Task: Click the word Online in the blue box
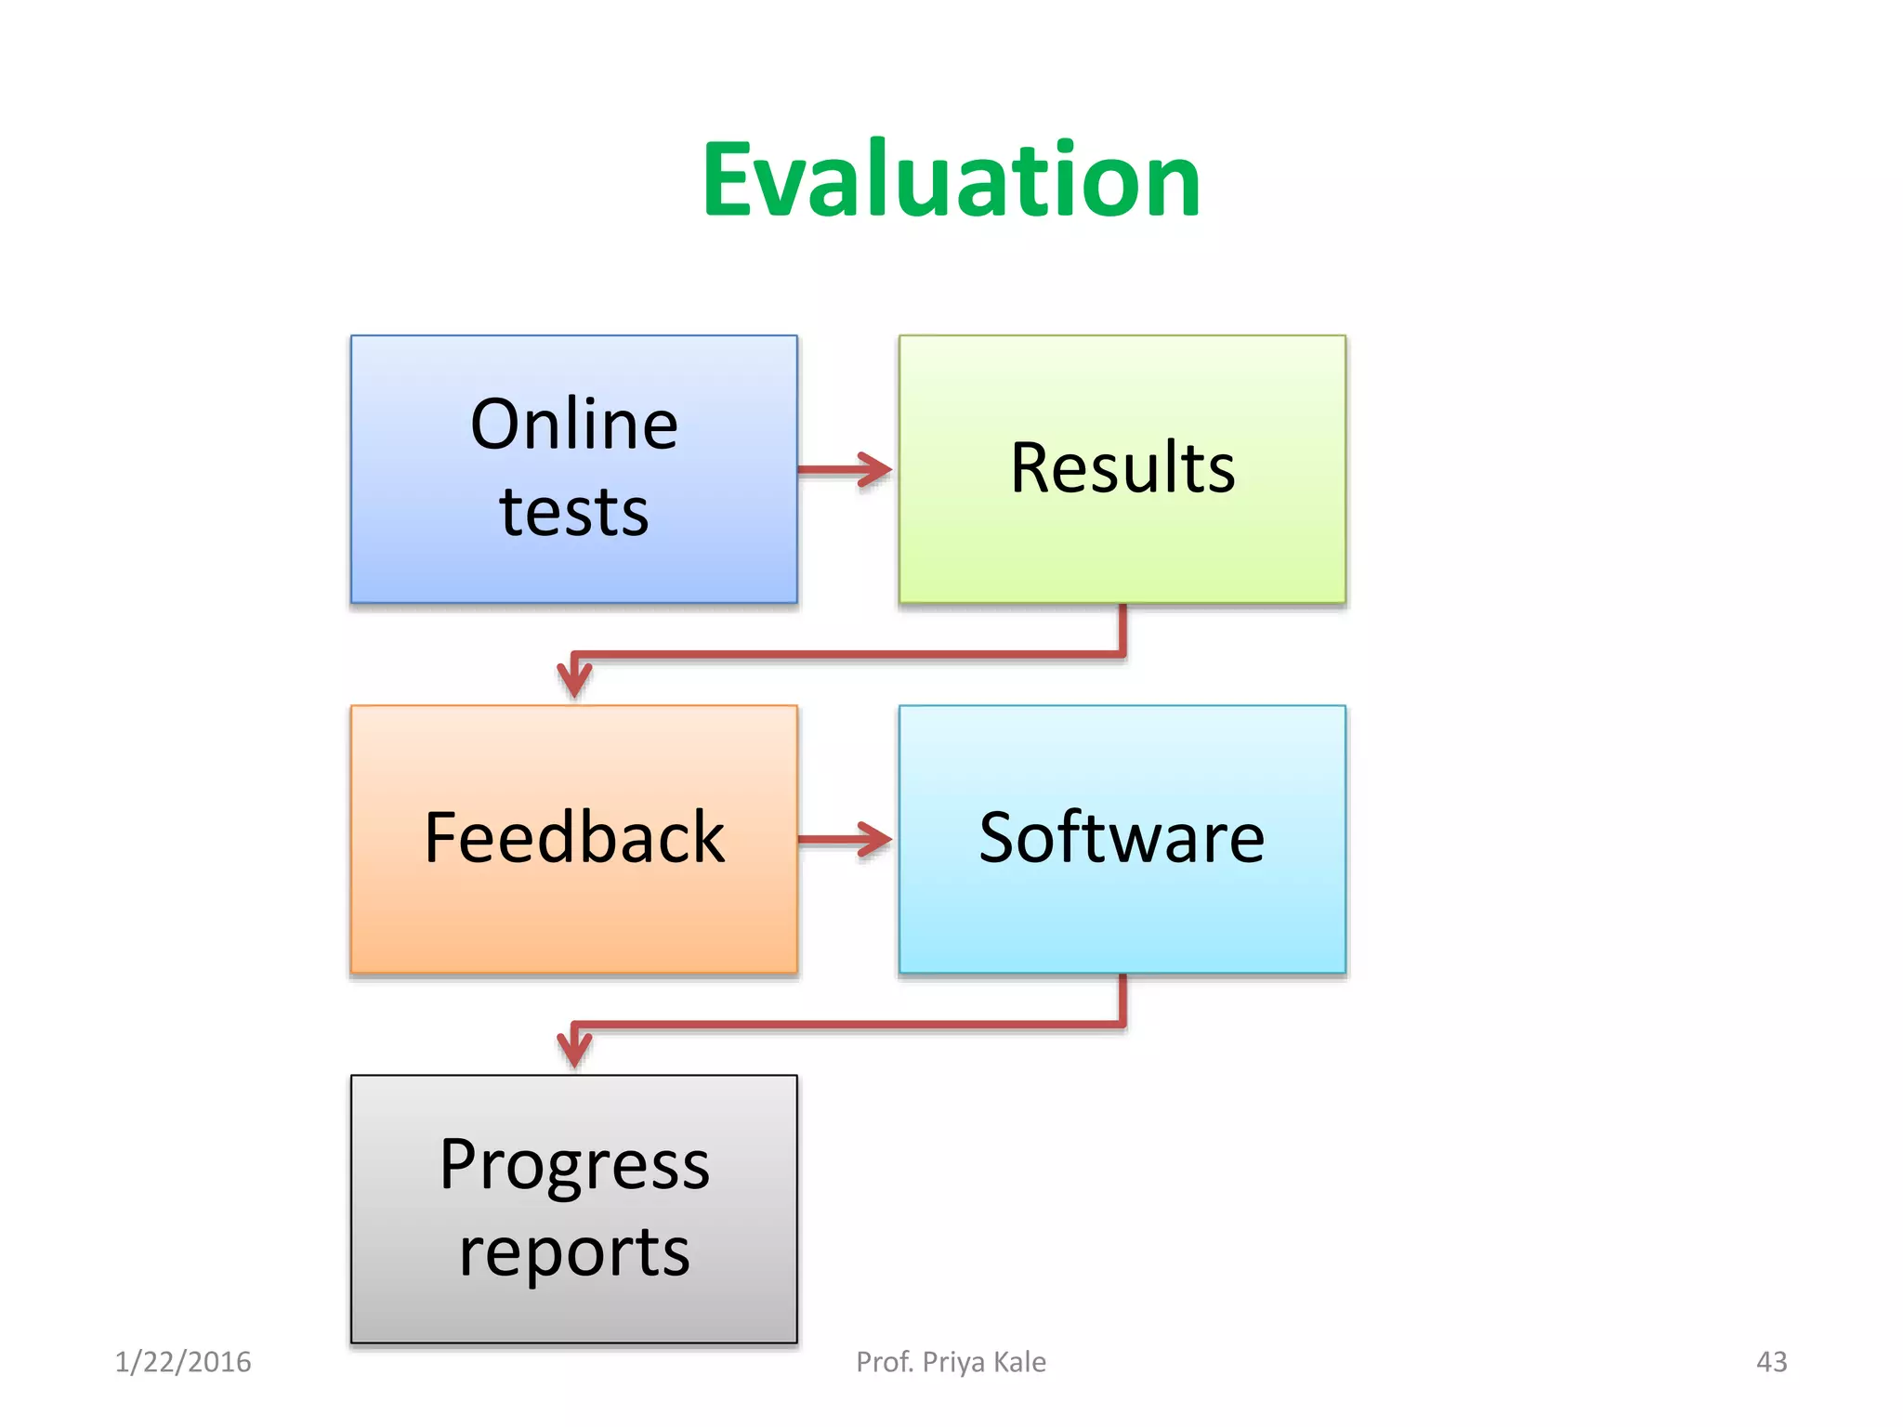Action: [574, 425]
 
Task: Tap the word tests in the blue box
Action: [574, 512]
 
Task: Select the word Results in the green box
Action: [1122, 467]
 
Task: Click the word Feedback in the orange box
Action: [574, 837]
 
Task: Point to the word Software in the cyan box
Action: [1122, 837]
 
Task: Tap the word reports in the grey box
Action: [574, 1251]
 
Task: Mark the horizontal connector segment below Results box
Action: [846, 654]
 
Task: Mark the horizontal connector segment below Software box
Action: [846, 1025]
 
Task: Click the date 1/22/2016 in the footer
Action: [183, 1362]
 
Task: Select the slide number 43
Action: [1771, 1362]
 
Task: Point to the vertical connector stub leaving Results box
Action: [1122, 628]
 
